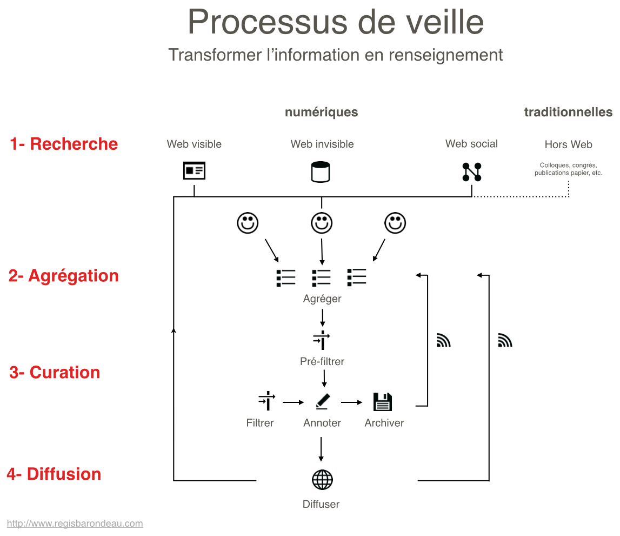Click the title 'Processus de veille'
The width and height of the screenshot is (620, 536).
pos(335,22)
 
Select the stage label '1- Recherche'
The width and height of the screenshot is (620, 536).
pos(64,144)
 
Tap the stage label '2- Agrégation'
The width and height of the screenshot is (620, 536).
pos(63,276)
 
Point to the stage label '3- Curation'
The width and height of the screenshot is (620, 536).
pos(55,373)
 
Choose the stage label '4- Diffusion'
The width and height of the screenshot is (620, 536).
pos(54,474)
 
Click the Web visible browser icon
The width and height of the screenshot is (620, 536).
pos(194,171)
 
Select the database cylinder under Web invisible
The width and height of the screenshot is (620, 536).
pos(321,172)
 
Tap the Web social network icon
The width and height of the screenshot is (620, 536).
pos(471,172)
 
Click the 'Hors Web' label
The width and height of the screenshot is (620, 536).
pos(568,145)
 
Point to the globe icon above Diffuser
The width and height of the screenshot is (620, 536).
pos(322,480)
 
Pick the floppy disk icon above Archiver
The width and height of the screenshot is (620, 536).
pos(383,402)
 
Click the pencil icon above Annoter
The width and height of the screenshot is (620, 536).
pos(322,402)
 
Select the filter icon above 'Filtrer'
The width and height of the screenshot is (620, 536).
pos(266,402)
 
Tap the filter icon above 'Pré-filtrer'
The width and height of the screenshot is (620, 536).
pos(322,340)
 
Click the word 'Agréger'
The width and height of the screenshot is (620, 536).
pos(322,299)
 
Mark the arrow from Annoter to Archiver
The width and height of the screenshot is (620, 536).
pos(351,402)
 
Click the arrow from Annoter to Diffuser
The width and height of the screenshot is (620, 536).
pos(322,449)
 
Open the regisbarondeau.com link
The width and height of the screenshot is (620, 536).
pos(75,524)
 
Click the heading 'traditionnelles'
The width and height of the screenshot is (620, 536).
pos(568,113)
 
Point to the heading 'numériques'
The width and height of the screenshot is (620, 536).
pos(322,113)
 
